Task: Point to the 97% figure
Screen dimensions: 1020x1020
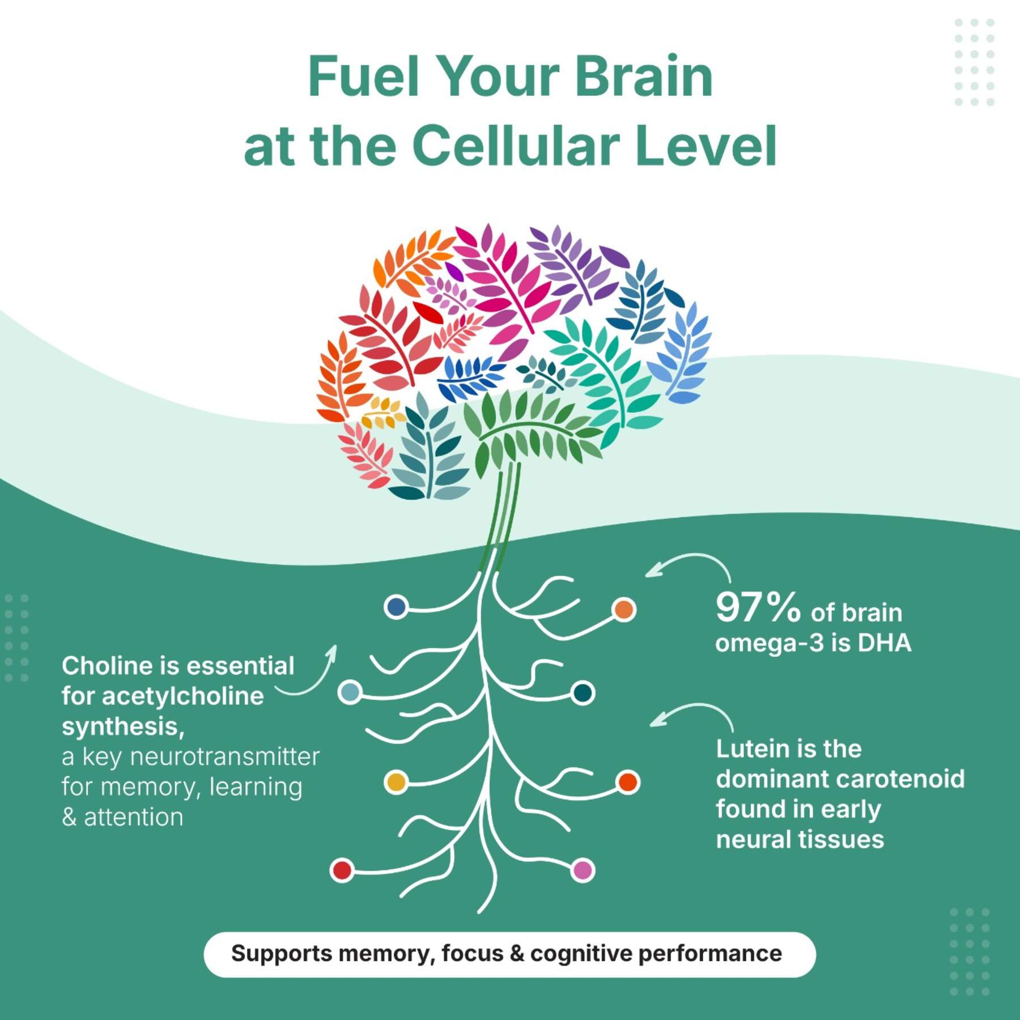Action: click(x=758, y=607)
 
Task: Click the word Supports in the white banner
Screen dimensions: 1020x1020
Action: click(x=282, y=954)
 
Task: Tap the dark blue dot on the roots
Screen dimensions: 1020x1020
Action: click(x=396, y=607)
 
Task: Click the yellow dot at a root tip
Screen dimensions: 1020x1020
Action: click(x=396, y=782)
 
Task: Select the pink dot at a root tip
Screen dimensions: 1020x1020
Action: click(x=582, y=870)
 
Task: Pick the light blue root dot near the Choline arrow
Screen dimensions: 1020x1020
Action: click(x=350, y=692)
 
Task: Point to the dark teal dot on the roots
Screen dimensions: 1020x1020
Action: click(x=583, y=692)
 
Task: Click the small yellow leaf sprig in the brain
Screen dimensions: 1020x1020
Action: click(x=383, y=413)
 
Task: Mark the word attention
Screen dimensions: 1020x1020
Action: click(x=134, y=817)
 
